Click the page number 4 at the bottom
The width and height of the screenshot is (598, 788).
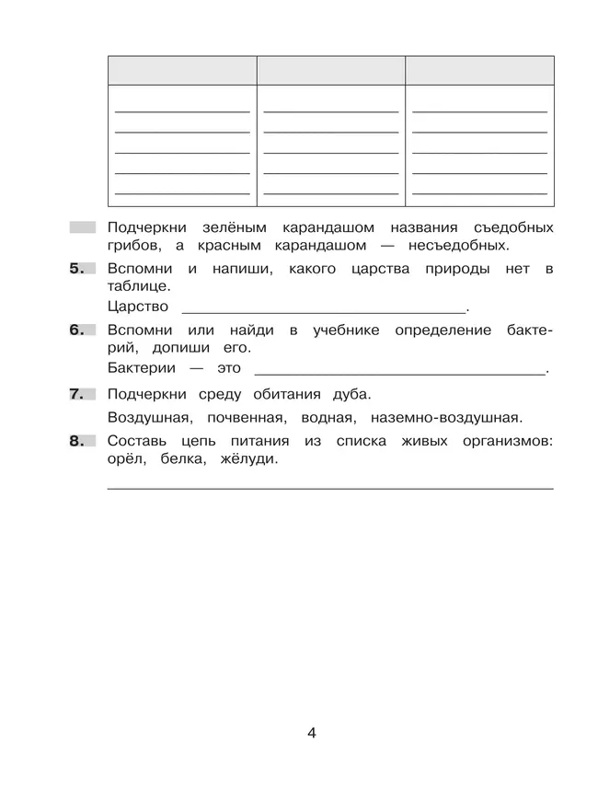(x=312, y=733)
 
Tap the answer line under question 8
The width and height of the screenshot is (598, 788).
(x=330, y=487)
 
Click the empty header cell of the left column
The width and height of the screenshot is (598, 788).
(x=182, y=70)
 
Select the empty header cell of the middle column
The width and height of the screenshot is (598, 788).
(x=331, y=70)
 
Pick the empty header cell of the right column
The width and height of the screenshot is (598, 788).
(x=480, y=70)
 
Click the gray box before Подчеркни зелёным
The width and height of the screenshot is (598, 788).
(x=82, y=226)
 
